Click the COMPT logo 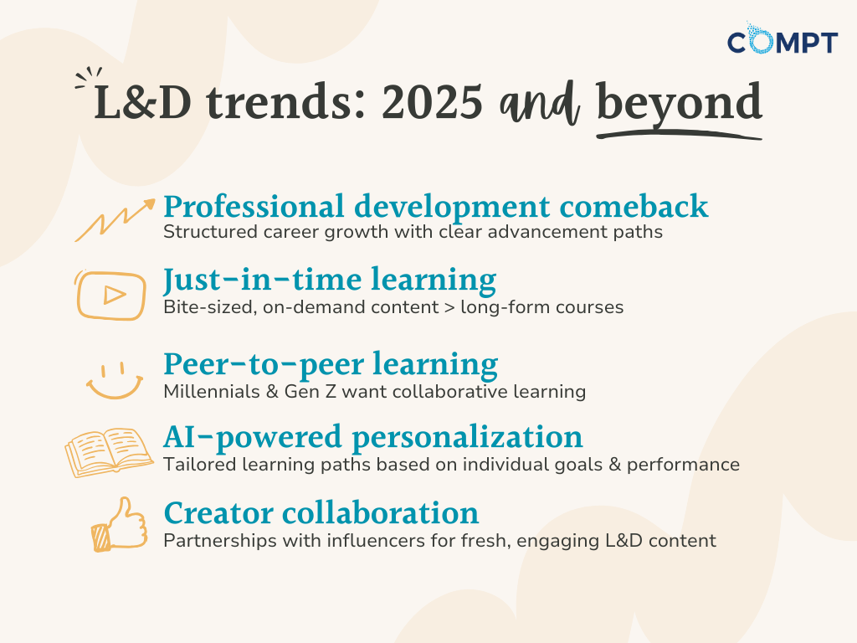783,39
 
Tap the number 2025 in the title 432,102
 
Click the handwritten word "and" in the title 539,104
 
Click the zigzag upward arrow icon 115,220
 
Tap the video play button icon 110,295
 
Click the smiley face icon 114,380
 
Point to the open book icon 109,452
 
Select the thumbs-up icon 119,524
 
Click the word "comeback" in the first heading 634,207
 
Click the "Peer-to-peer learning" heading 331,365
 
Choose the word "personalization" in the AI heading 467,438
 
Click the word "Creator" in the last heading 218,513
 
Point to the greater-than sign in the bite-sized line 449,307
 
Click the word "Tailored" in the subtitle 199,464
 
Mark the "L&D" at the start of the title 142,102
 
